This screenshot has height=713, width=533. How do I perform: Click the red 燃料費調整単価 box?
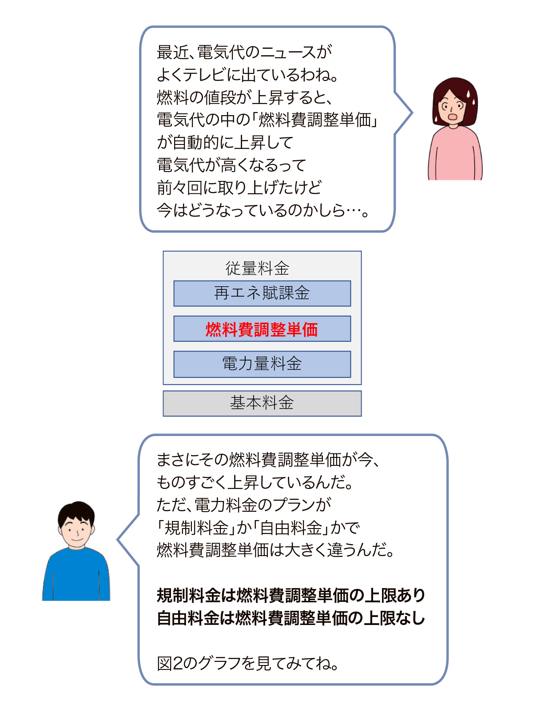coord(262,328)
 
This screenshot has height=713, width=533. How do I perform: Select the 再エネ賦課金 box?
coord(262,293)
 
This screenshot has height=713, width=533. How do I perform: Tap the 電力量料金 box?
coord(262,364)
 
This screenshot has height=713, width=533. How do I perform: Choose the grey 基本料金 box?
coord(262,403)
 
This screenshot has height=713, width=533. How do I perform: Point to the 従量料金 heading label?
coord(258,268)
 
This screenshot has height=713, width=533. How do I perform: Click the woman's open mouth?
coord(453,116)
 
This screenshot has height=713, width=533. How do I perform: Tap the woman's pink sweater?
coord(455,154)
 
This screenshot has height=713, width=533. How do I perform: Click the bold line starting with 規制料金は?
coord(291,595)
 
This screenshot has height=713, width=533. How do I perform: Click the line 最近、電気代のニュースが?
coord(244,52)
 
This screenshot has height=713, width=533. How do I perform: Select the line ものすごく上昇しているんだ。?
coord(255,482)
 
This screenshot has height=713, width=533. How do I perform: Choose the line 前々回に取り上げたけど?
coord(239,188)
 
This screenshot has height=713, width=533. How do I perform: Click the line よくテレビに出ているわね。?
coord(248,75)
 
